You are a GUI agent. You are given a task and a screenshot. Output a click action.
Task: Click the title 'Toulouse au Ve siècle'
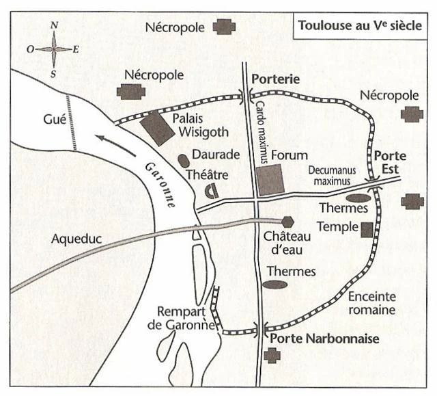coord(359,28)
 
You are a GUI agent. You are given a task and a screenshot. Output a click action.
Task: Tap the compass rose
coord(53,49)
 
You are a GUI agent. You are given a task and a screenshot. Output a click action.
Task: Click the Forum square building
coord(270,180)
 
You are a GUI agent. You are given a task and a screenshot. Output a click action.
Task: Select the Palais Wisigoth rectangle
coord(157,128)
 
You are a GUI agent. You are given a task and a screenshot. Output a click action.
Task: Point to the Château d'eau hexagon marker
coord(287,222)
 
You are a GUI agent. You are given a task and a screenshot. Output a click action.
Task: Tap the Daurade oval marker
coord(183,159)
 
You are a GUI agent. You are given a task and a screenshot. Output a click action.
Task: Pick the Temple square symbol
coord(367,229)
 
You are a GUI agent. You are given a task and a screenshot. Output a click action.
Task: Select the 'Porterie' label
coord(276,79)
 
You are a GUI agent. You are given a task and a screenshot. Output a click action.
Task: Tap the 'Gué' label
coord(53,120)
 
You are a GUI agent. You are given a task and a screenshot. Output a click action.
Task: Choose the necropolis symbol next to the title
coord(223,27)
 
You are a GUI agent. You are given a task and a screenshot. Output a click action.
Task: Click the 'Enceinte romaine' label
coord(372,303)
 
